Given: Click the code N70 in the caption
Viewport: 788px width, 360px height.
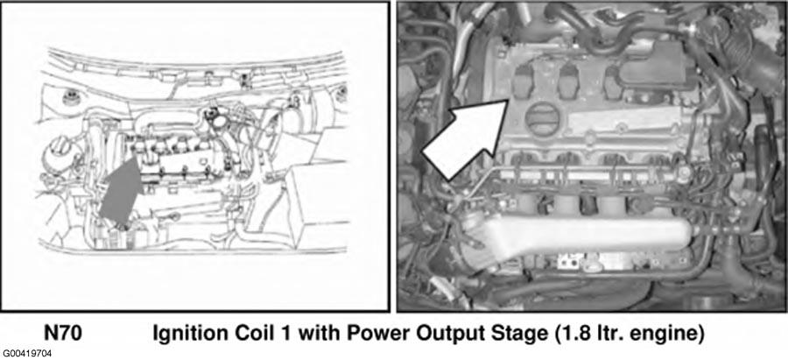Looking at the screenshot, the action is [x=63, y=333].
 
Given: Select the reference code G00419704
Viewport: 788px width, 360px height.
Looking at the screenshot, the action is [x=26, y=354].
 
